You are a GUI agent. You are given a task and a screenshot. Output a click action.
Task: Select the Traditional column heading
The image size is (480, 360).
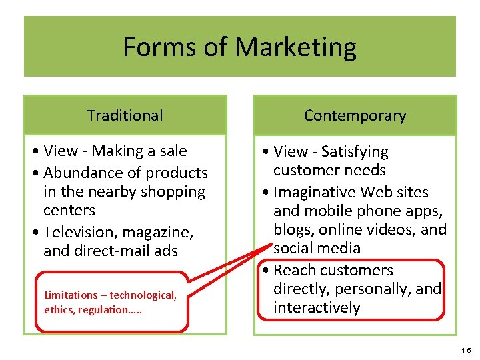[x=125, y=115]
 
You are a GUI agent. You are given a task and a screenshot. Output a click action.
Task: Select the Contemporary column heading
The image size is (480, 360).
[x=355, y=115]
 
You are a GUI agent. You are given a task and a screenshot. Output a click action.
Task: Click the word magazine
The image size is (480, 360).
[x=158, y=233]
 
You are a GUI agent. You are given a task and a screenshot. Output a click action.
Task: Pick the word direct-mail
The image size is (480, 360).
[x=112, y=251]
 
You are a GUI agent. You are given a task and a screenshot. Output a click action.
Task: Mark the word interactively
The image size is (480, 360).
[x=317, y=307]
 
